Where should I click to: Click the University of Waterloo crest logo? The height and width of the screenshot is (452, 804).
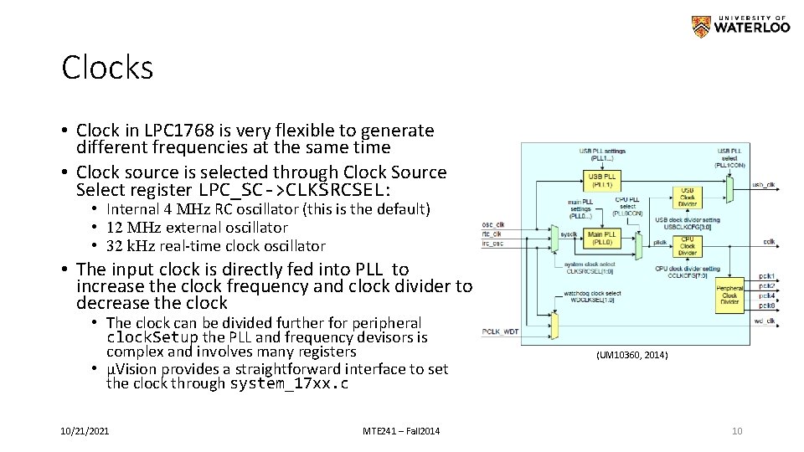pyautogui.click(x=701, y=27)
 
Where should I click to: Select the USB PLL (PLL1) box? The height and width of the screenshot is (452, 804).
pyautogui.click(x=602, y=180)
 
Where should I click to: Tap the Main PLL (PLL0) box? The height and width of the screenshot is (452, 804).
pyautogui.click(x=602, y=237)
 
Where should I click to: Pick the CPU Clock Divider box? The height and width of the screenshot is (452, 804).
pyautogui.click(x=687, y=246)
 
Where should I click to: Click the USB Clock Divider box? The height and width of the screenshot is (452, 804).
pyautogui.click(x=687, y=198)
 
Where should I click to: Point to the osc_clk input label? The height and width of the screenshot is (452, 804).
pyautogui.click(x=493, y=223)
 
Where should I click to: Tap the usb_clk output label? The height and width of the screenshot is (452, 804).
pyautogui.click(x=764, y=184)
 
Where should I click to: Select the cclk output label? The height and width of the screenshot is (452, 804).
pyautogui.click(x=768, y=241)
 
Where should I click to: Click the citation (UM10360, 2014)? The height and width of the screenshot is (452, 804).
pyautogui.click(x=632, y=355)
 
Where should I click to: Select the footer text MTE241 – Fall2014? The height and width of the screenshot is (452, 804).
pyautogui.click(x=401, y=430)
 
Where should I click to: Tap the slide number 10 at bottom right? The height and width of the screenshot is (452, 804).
pyautogui.click(x=737, y=430)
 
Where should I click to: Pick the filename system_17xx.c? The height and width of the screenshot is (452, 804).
pyautogui.click(x=288, y=384)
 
